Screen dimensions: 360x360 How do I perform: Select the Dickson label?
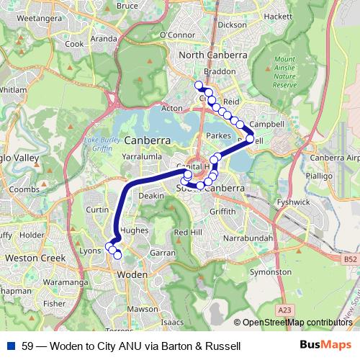click(231, 24)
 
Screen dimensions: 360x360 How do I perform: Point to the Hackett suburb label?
click(277, 15)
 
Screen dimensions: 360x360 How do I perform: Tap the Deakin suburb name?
click(151, 195)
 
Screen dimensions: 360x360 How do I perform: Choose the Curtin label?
click(96, 210)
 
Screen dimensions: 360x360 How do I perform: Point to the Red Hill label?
click(188, 232)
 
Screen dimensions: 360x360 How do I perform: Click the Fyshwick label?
click(292, 202)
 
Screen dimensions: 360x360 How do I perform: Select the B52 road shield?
click(349, 258)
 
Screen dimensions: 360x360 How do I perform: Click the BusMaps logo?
click(325, 346)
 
